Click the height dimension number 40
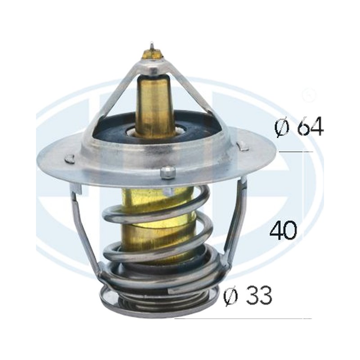283,230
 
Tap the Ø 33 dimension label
248,295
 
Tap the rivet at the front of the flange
167,172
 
